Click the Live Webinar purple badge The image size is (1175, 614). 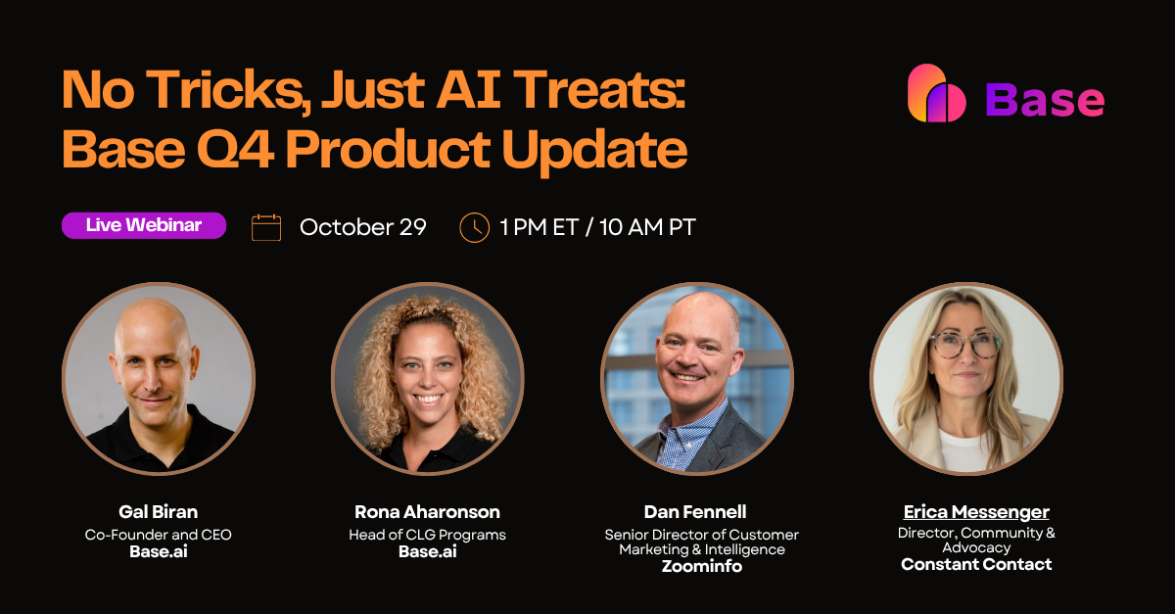(x=144, y=225)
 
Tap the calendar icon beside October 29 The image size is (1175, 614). (x=266, y=227)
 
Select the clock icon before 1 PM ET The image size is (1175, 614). (x=474, y=227)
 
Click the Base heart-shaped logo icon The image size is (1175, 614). (x=936, y=95)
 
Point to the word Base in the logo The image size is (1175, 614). (x=1045, y=99)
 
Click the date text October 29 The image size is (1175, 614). (x=362, y=227)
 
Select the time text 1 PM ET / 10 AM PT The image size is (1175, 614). (x=597, y=227)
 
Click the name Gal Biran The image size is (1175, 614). (x=158, y=512)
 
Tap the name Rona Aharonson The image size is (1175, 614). (x=427, y=512)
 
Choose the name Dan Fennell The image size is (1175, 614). (x=695, y=512)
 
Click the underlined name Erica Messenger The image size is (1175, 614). (x=976, y=512)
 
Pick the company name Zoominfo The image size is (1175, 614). (x=701, y=566)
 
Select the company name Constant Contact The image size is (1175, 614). (x=976, y=564)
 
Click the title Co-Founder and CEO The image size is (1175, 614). (x=158, y=535)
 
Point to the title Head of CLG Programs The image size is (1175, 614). (x=427, y=535)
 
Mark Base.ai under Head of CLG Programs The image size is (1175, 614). (x=427, y=551)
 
